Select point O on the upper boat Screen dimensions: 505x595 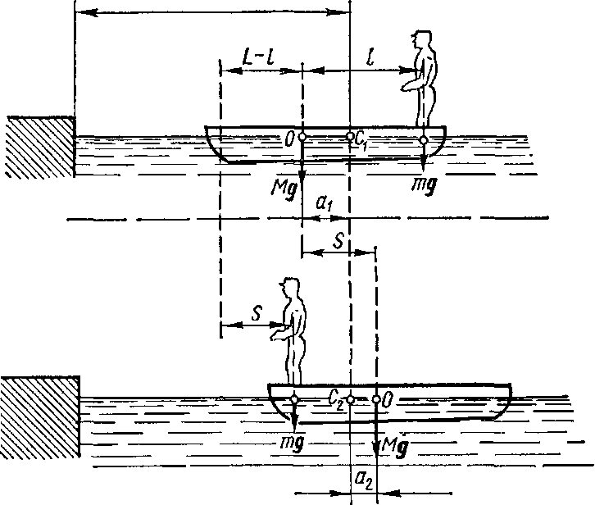(302, 138)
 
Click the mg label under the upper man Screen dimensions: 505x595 (424, 185)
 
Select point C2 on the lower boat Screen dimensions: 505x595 (350, 399)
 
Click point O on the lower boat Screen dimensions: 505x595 (376, 399)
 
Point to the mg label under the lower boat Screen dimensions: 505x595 (293, 440)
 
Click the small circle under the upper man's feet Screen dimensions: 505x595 (423, 139)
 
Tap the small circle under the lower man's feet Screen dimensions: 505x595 (294, 399)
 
